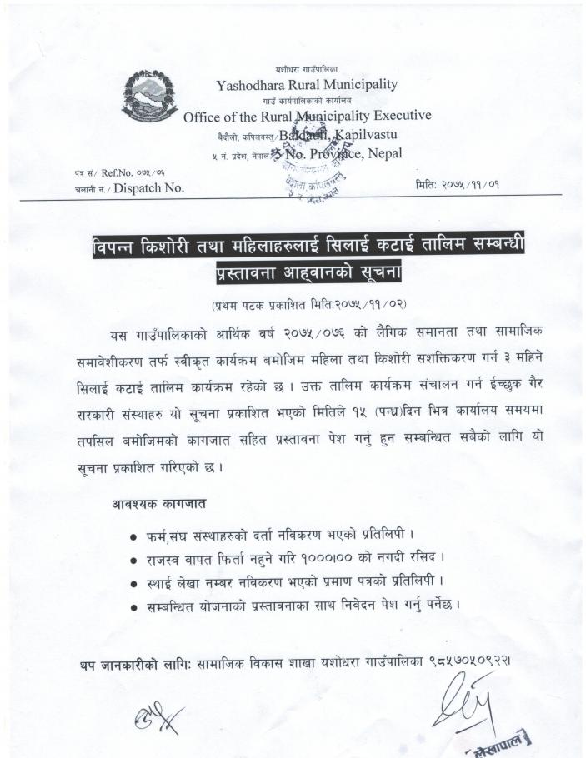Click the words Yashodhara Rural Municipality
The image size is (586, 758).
point(307,84)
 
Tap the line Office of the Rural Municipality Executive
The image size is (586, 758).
point(307,116)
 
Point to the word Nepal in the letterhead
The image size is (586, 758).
point(383,153)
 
